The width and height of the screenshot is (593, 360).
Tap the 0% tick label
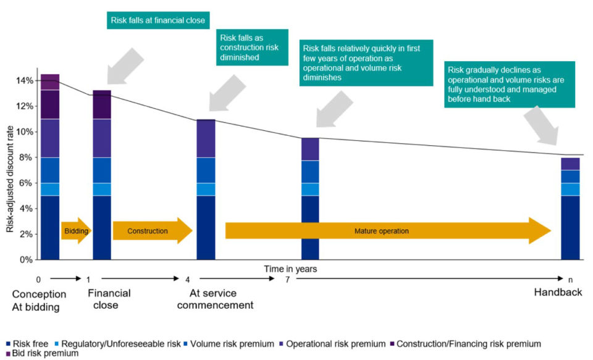coord(25,260)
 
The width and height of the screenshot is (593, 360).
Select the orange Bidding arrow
coord(77,231)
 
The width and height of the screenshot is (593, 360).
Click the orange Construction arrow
coord(153,231)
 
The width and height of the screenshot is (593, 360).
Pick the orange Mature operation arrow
coord(388,231)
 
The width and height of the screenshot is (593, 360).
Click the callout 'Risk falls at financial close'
coord(158,20)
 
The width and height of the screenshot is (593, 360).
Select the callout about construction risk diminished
coord(252,48)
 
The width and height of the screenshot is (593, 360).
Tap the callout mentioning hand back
coord(510,85)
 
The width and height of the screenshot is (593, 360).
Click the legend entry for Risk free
coord(27,344)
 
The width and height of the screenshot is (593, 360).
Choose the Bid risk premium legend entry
coord(43,353)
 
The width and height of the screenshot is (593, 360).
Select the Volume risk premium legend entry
coord(229,344)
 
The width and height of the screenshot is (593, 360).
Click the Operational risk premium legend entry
coord(332,344)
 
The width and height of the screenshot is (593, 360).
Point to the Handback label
coord(558,292)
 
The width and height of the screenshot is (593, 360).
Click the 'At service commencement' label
coord(215,299)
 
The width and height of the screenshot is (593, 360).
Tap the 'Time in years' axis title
coord(290,269)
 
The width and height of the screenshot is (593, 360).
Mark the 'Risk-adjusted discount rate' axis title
coord(10,179)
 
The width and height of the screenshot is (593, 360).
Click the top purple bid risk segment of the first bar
coord(50,82)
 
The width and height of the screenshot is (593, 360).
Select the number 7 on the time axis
coord(287,280)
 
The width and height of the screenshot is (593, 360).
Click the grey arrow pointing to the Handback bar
coord(542,125)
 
